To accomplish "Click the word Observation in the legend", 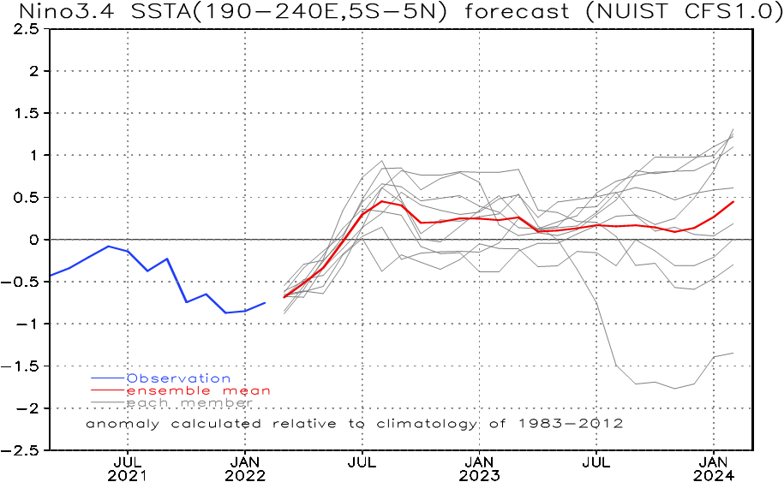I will pos(178,378).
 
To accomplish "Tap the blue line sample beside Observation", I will pos(108,378).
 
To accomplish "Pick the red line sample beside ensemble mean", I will pos(108,390).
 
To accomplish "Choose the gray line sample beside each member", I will pos(108,402).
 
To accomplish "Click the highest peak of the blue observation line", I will pos(108,246).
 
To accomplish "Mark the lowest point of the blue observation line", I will pos(226,312).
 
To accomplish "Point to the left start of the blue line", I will pos(51,276).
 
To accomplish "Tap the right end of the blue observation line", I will pos(266,301).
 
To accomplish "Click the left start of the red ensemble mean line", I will pos(284,296).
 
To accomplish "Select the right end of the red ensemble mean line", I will pos(734,201).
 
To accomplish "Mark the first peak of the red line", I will pos(383,201).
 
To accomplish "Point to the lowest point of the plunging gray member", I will pos(675,389).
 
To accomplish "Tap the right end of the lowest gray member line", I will pos(733,353).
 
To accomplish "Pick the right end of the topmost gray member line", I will pos(733,129).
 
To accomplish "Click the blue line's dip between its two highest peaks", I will pos(148,271).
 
